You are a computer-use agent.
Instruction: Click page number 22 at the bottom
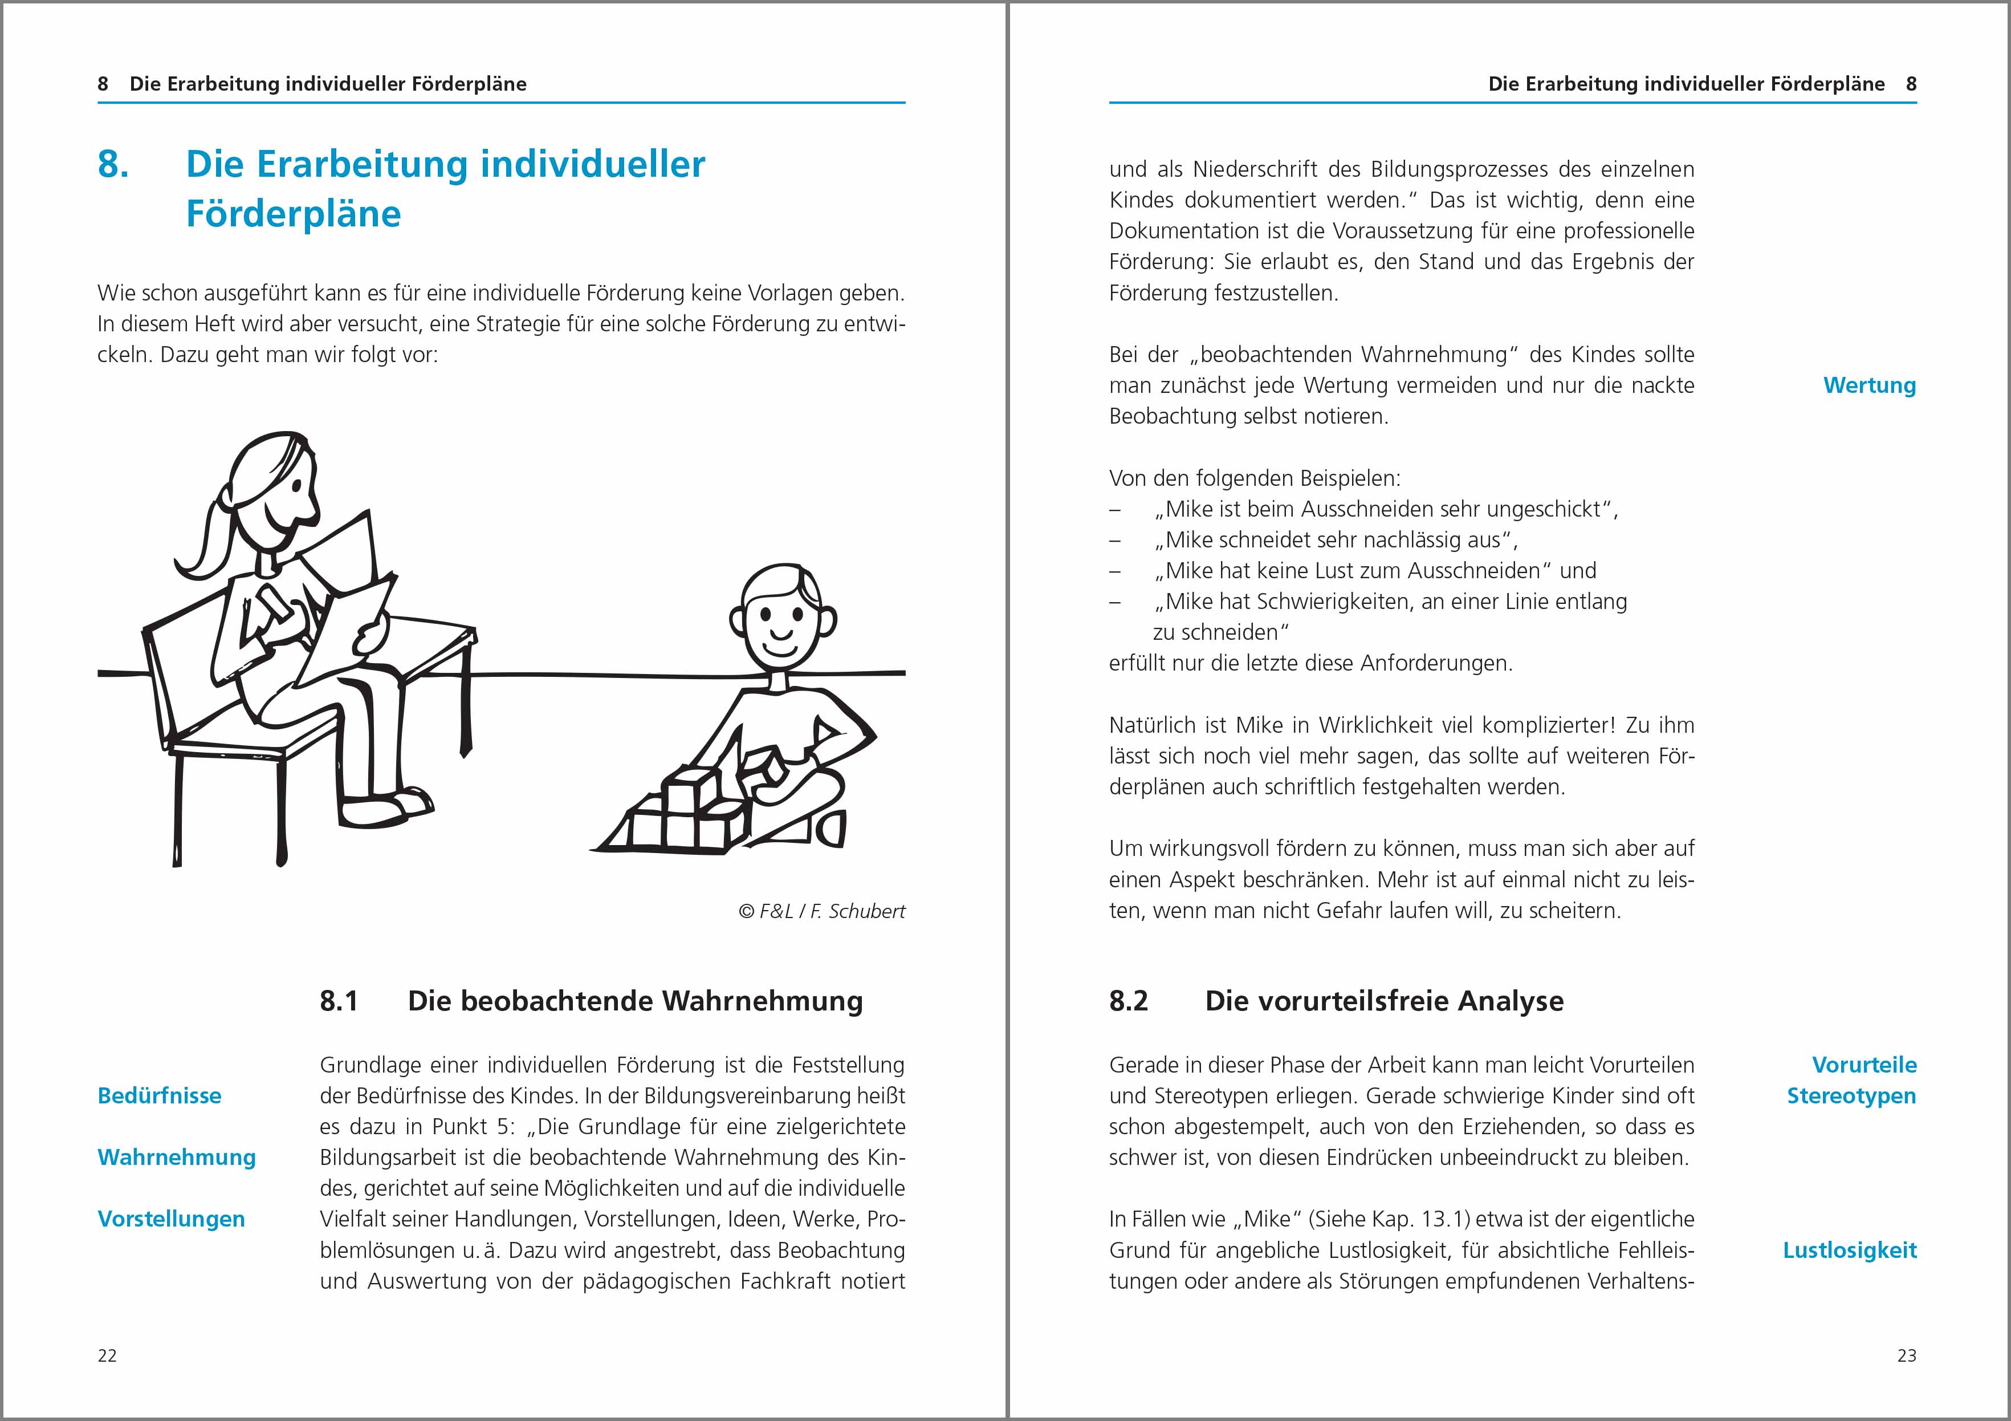point(107,1355)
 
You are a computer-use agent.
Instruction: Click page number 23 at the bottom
point(1907,1355)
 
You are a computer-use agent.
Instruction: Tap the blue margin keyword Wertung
point(1869,385)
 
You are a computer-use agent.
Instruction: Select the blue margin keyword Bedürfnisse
point(160,1096)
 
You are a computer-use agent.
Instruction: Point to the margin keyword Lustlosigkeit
point(1850,1250)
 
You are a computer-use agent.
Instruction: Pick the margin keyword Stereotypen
point(1851,1096)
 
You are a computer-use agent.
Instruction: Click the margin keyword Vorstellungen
point(171,1220)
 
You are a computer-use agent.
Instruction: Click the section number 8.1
point(339,1001)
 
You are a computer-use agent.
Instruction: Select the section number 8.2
point(1128,1001)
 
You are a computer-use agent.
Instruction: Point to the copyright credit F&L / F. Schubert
point(821,911)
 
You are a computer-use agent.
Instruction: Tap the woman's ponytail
point(206,543)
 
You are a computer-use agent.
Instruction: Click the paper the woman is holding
point(346,604)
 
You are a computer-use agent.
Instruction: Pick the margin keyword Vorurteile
point(1864,1065)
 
